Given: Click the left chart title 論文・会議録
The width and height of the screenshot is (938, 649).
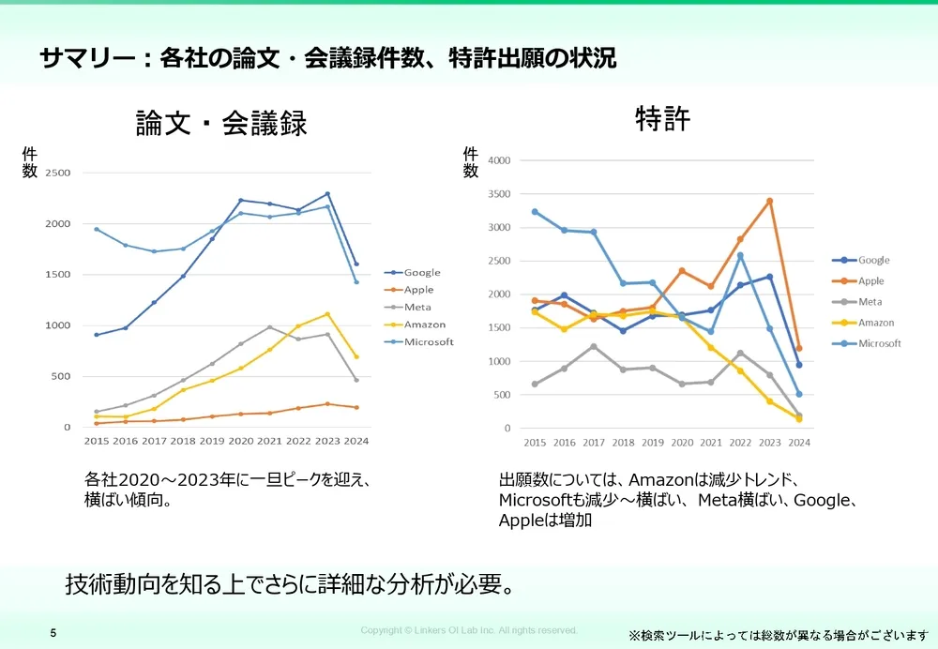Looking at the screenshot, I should point(221,124).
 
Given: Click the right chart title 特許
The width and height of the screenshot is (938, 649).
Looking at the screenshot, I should point(662,119).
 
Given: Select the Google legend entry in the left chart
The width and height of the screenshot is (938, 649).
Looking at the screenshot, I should point(421,273).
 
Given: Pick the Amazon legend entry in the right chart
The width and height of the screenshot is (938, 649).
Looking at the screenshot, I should point(875,323).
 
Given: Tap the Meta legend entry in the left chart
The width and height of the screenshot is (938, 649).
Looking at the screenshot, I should point(417,307).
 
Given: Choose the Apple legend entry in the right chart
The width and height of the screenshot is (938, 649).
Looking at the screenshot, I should point(870,280).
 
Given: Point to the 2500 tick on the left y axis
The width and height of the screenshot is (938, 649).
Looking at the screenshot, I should point(58,174).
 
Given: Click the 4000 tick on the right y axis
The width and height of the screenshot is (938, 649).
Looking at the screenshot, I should point(499,160).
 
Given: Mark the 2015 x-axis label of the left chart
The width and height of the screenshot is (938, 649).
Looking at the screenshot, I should point(97,441).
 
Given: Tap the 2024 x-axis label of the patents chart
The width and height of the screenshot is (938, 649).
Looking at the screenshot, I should point(798,443).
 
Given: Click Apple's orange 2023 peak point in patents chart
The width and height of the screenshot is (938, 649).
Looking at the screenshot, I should point(769,201).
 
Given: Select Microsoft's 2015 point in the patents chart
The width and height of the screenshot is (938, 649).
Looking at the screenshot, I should point(535,211).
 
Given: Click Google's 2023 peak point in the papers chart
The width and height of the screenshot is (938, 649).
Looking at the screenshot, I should point(327,194).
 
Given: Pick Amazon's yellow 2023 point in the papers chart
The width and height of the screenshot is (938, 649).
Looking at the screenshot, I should point(327,314).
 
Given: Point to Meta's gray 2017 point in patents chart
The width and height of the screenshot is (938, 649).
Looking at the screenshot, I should point(593,346).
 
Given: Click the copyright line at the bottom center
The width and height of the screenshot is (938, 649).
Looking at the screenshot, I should point(469,630).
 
